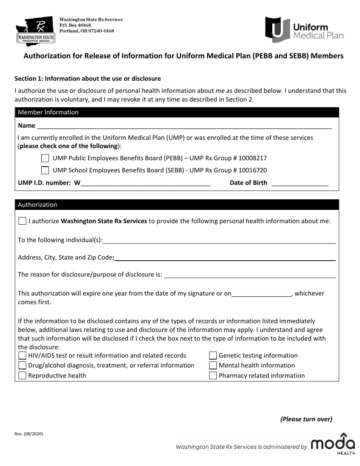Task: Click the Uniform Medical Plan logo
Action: tap(304, 30)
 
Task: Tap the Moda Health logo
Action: tap(333, 444)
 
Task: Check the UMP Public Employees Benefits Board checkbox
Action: tap(45, 158)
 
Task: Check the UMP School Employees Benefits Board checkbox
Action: tap(45, 170)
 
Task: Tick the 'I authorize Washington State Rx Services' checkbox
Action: tap(22, 221)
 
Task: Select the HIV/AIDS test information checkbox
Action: tap(22, 355)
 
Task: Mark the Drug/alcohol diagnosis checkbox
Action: tap(22, 366)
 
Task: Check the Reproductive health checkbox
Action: tap(22, 376)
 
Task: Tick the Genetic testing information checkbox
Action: tap(213, 355)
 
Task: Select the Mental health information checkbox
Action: tap(213, 366)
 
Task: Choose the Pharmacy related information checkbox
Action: tap(213, 376)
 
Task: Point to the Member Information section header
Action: tap(48, 112)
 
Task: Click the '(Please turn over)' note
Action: tap(306, 419)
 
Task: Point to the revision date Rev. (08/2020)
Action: tap(29, 434)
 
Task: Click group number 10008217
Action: tap(254, 158)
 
